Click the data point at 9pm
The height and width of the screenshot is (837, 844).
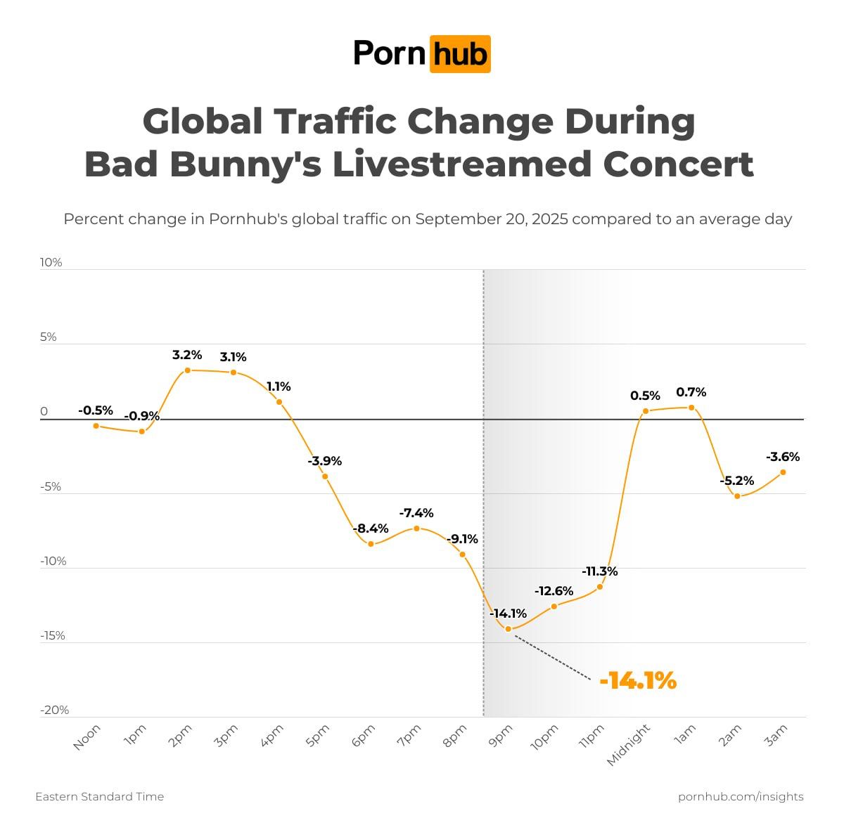point(508,628)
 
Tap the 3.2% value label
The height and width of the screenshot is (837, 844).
point(187,355)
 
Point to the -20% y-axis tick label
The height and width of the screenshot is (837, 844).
point(55,710)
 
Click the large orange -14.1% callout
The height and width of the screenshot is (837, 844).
point(638,680)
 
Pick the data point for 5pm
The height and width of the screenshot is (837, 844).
point(325,476)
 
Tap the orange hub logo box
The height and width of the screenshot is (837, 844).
point(460,53)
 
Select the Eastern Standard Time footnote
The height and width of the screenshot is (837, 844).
point(100,796)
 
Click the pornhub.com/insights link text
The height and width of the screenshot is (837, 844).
point(741,796)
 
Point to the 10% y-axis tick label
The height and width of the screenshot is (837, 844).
point(51,262)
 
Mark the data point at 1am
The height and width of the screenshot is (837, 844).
point(691,408)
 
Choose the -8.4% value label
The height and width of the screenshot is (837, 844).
point(371,528)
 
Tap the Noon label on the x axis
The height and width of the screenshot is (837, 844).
point(87,737)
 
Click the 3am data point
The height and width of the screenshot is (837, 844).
point(783,472)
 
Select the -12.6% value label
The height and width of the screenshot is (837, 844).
point(554,591)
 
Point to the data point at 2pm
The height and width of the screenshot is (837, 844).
point(187,370)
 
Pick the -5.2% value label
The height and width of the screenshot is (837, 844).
point(737,481)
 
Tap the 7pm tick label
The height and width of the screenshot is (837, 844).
point(409,737)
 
